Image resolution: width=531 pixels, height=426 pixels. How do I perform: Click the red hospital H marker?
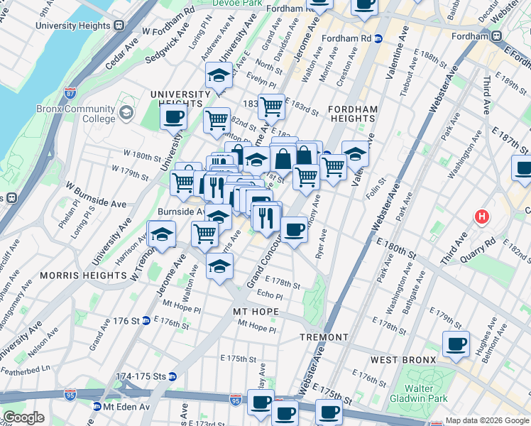(x=483, y=216)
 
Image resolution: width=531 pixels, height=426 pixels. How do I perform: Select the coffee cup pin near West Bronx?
(x=455, y=344)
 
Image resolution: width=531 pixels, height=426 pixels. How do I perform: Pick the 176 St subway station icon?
(x=145, y=321)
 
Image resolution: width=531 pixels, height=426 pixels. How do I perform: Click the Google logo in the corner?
(x=23, y=417)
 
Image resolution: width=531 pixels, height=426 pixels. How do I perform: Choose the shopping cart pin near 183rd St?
(x=270, y=106)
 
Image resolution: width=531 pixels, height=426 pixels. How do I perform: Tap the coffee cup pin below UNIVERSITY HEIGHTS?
(x=173, y=116)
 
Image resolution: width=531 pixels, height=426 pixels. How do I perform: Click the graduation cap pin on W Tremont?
(x=162, y=234)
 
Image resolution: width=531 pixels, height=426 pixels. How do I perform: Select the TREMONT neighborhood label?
(x=324, y=337)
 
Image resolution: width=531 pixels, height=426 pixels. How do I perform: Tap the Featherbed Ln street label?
(x=26, y=368)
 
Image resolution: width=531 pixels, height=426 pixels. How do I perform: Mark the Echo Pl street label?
(x=270, y=294)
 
